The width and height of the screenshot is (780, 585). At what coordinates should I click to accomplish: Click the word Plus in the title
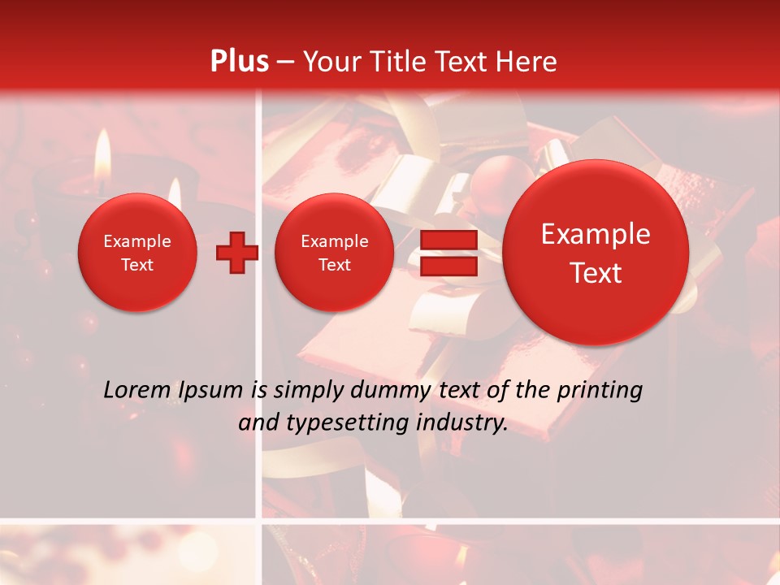pos(239,62)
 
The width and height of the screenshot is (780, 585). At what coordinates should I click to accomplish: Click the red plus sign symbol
pos(237,253)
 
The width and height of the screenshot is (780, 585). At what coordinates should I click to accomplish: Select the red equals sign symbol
pos(448,253)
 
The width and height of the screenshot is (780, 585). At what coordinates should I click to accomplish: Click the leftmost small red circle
pos(137,253)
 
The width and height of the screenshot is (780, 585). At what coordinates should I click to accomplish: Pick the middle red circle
pos(334,253)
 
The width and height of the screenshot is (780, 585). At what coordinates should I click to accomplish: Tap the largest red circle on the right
pos(596,253)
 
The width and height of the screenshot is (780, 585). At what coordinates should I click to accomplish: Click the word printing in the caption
pos(600,391)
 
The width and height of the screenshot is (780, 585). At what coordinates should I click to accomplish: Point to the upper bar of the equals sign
pos(448,240)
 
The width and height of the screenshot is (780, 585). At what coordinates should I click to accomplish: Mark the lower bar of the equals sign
pos(448,266)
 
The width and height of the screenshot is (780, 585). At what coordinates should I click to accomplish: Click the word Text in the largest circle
pos(596,273)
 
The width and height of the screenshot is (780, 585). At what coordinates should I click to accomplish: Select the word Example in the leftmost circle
pos(137,241)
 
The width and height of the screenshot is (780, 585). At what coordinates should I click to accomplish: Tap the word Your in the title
pos(331,62)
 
